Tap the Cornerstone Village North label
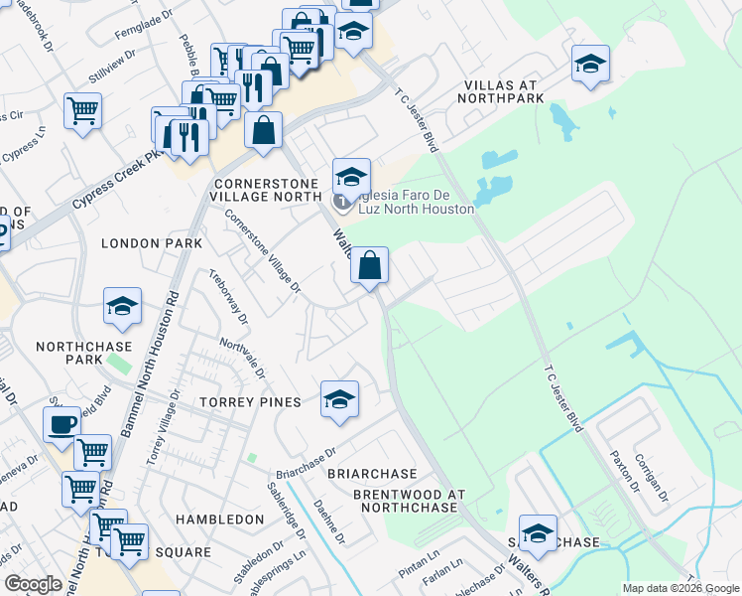267,191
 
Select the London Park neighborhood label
152,243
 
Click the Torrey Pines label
250,402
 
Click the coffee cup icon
62,424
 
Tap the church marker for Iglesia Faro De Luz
343,204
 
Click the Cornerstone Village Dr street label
261,250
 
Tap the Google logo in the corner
34,584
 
